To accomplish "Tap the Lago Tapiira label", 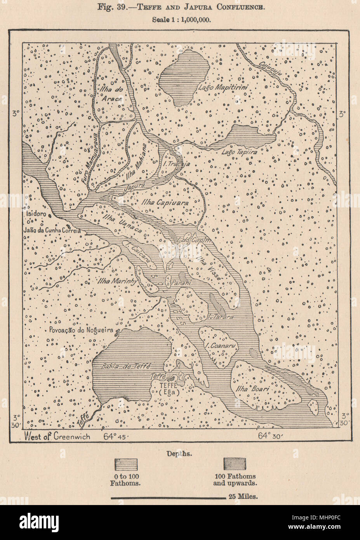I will click(x=239, y=153).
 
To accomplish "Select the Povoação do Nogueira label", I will click(x=81, y=331).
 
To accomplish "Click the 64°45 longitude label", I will click(x=116, y=436).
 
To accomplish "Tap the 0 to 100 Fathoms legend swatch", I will click(x=127, y=465).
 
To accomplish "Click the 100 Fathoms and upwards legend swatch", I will click(x=235, y=465).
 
